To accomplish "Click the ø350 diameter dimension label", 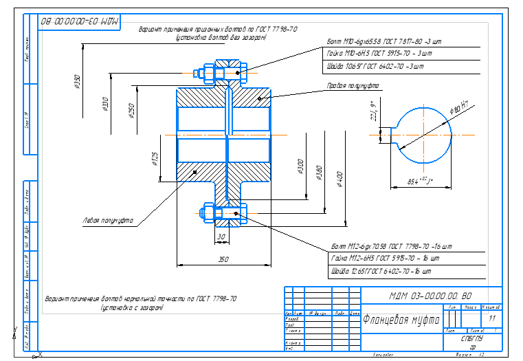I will tap(77, 82).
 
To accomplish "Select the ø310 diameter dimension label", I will tap(104, 104).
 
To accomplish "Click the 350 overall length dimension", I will tap(223, 260).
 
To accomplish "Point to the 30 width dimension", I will tap(221, 237).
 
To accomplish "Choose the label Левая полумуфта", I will tap(106, 221).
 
